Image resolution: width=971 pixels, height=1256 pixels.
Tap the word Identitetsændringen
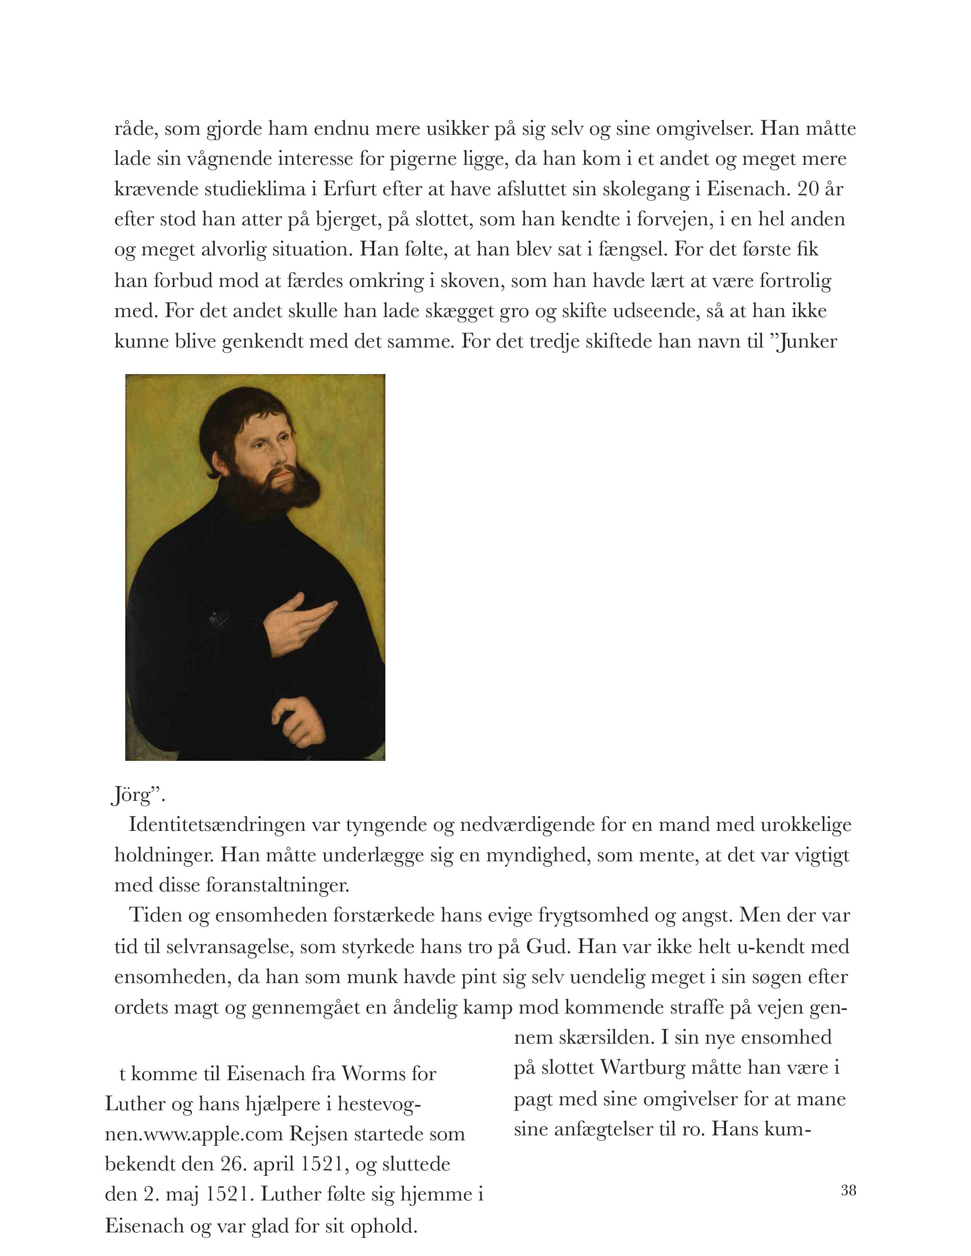217,825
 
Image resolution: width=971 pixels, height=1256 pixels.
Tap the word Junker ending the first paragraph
807,342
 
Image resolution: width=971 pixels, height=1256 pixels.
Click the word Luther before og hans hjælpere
133,1104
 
